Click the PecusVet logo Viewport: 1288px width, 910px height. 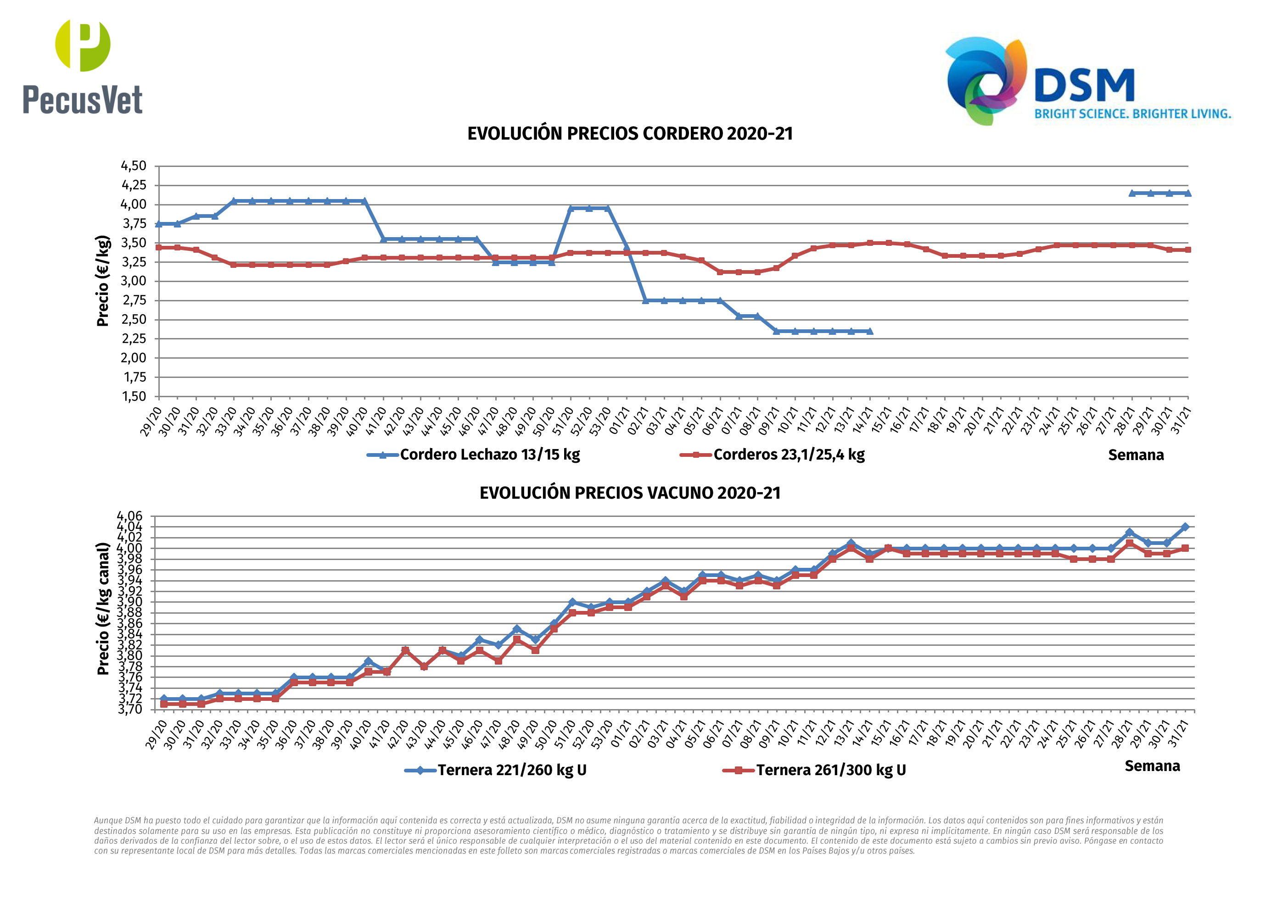(x=83, y=67)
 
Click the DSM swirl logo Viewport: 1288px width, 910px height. (x=986, y=81)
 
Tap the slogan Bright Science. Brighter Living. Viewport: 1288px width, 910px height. (x=1132, y=114)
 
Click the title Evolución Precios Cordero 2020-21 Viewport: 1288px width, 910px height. (x=629, y=134)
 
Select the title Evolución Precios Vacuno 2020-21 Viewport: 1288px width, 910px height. (x=629, y=493)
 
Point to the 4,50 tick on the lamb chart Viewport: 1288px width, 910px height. (x=134, y=166)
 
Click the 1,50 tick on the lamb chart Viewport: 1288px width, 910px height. (x=134, y=396)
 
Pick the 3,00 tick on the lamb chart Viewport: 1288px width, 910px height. (x=134, y=281)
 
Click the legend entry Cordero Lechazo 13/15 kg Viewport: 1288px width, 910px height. (x=489, y=455)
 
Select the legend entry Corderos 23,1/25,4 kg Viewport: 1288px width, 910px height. (x=788, y=455)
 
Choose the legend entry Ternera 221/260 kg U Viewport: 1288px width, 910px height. (x=512, y=771)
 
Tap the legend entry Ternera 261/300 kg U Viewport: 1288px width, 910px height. (x=830, y=771)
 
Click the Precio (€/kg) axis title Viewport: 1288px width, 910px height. (x=103, y=281)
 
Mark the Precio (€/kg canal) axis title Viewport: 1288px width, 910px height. (x=103, y=609)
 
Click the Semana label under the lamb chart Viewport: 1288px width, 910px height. (x=1136, y=455)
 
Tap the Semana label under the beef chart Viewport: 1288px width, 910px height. (x=1152, y=766)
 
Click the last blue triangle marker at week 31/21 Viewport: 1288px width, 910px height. (x=1187, y=194)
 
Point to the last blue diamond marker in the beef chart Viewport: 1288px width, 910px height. (x=1185, y=527)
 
